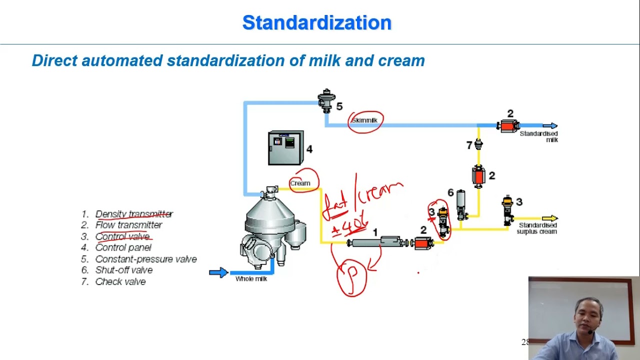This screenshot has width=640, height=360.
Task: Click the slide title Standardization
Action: click(x=316, y=23)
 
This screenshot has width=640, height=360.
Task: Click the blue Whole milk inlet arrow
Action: click(x=218, y=272)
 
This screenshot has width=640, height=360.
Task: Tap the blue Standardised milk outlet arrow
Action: click(x=550, y=126)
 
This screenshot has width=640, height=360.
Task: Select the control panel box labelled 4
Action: click(x=285, y=148)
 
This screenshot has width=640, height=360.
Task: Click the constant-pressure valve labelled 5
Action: click(x=326, y=101)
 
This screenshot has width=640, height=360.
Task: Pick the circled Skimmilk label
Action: click(x=365, y=121)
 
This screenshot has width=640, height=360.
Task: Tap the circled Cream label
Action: click(x=300, y=183)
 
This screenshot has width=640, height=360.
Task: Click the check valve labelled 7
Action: click(x=478, y=144)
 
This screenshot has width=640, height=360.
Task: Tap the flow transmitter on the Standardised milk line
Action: click(x=508, y=126)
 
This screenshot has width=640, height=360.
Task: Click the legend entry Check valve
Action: click(x=120, y=282)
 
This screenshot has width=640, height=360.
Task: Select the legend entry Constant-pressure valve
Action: click(x=145, y=259)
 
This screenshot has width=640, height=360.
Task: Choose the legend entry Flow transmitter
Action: click(x=128, y=225)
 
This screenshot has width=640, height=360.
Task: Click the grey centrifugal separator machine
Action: click(x=270, y=225)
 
